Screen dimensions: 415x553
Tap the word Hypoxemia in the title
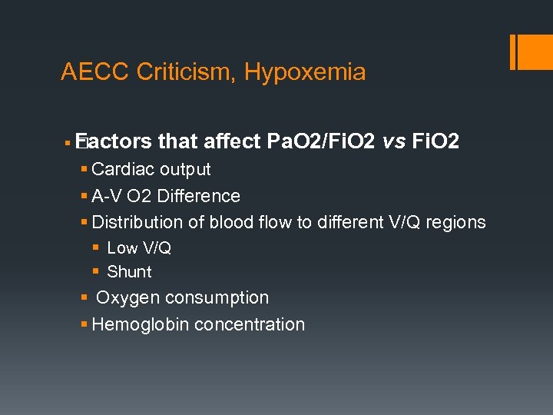pos(305,72)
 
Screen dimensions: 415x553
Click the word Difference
pos(198,196)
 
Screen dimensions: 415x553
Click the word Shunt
pos(129,271)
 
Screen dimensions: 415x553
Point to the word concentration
pos(250,324)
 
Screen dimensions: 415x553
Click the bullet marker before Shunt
pos(96,271)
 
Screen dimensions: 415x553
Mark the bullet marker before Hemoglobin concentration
pos(84,324)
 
